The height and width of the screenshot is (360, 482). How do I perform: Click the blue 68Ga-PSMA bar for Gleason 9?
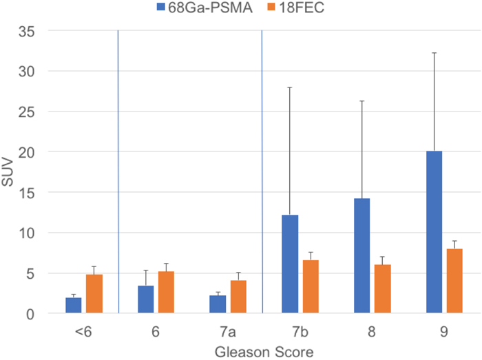(x=434, y=232)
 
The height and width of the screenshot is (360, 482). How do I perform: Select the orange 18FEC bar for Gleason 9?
(x=454, y=281)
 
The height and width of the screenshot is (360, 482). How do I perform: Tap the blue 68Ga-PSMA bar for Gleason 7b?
(x=290, y=264)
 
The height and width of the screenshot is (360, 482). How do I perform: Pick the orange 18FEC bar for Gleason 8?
(x=382, y=288)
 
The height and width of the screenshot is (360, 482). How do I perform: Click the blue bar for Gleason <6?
(x=74, y=306)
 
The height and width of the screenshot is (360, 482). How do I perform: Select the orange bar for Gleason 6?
(x=166, y=292)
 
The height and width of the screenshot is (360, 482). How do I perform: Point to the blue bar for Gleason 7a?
(x=218, y=304)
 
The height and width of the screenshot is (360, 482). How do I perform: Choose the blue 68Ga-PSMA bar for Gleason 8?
(x=361, y=255)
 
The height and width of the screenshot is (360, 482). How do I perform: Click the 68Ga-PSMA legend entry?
(x=205, y=8)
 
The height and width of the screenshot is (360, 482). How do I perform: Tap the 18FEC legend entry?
(x=295, y=8)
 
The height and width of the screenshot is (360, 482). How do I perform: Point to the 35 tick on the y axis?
(x=26, y=31)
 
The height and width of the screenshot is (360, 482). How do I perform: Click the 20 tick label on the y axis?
(x=26, y=152)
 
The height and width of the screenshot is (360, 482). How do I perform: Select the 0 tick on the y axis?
(x=30, y=314)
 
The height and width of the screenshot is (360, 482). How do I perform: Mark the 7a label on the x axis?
(x=228, y=332)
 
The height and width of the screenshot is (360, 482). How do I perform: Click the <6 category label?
(x=83, y=332)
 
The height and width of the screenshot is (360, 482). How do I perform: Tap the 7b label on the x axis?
(x=300, y=332)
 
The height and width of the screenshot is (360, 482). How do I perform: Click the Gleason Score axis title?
(x=264, y=352)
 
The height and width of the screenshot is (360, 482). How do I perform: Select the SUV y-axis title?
(x=8, y=172)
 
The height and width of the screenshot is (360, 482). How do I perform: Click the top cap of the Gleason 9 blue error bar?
(x=434, y=53)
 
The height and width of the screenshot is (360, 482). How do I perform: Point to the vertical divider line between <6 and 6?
(x=118, y=171)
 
